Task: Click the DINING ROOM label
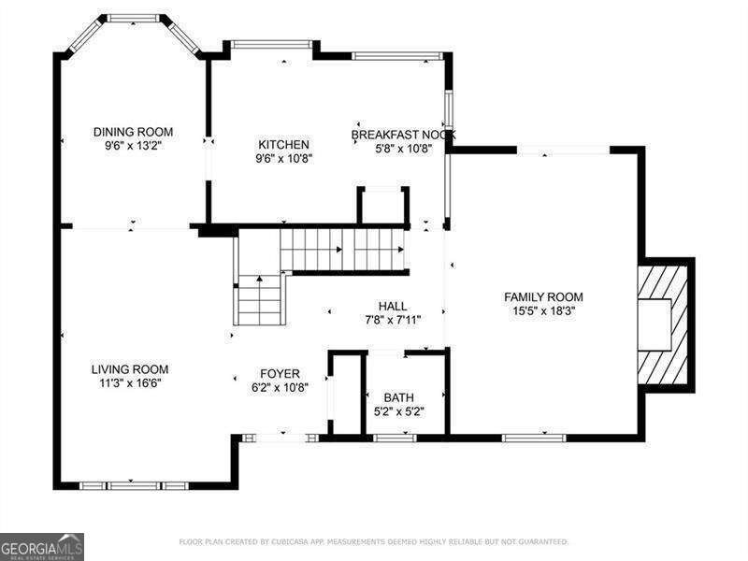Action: tap(133, 132)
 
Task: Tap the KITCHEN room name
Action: tap(284, 144)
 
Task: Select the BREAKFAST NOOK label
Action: tap(403, 134)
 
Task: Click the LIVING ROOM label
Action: tap(130, 369)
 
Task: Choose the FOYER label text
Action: tap(280, 373)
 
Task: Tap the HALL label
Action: tap(392, 306)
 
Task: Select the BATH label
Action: tap(398, 397)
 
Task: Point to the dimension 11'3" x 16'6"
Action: tap(130, 383)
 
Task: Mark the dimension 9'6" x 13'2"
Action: tap(133, 146)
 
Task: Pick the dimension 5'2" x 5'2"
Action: tap(398, 411)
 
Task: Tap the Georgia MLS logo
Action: tap(42, 546)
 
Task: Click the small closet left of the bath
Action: tap(345, 393)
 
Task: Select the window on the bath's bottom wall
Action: tap(395, 437)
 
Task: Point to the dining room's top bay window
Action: tap(134, 17)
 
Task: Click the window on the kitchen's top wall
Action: tap(271, 43)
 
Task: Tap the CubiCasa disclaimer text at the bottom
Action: tap(374, 541)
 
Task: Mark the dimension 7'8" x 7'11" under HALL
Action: tap(392, 320)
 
